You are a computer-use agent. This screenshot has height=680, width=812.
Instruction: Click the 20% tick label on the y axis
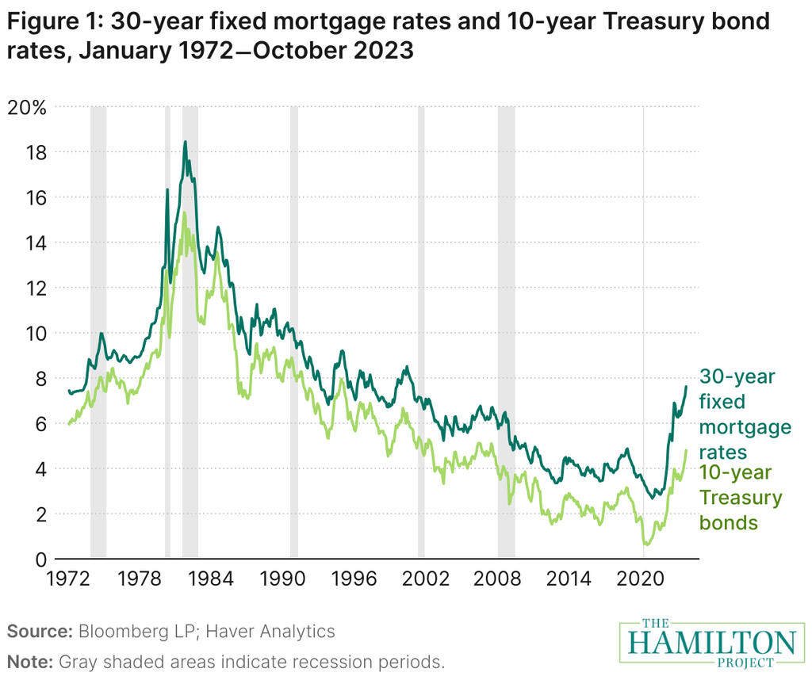click(28, 107)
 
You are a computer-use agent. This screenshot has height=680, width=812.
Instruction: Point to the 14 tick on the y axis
click(34, 243)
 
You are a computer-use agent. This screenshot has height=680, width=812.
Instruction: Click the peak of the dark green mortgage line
click(185, 142)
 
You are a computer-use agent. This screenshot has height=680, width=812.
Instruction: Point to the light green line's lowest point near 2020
click(646, 544)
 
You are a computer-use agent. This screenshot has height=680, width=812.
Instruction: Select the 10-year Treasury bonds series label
click(739, 498)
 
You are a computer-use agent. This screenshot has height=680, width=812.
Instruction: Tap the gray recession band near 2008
click(506, 333)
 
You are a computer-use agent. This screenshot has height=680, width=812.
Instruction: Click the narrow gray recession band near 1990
click(294, 333)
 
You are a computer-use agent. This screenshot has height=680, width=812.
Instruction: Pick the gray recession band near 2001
click(421, 333)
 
